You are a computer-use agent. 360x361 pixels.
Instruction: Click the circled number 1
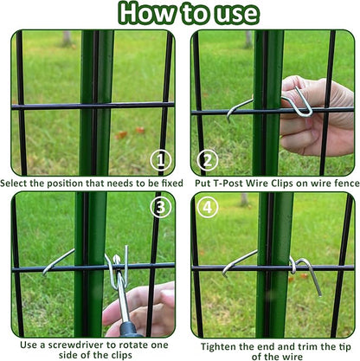[x=161, y=160]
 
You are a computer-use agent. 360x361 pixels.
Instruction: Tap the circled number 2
[x=208, y=160]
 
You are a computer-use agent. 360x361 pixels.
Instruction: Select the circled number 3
[x=161, y=208]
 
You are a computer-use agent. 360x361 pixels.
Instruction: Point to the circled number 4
[x=208, y=208]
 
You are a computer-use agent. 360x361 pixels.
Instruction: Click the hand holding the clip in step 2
[x=317, y=115]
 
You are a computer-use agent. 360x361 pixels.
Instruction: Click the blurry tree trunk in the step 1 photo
[x=67, y=39]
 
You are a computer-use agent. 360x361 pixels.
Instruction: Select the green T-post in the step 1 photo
[x=97, y=102]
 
